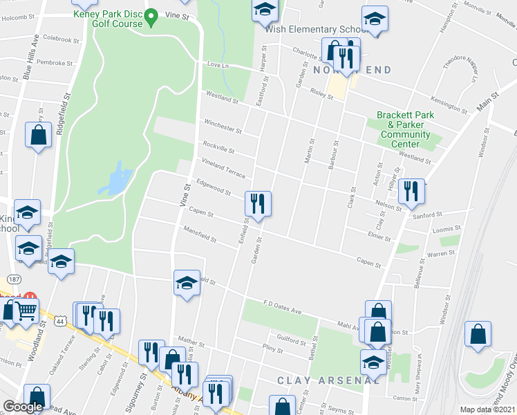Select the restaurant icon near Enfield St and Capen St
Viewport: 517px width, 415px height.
258,204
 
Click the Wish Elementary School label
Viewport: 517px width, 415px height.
316,30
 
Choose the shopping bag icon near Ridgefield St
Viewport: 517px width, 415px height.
39,135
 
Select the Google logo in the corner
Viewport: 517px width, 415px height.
23,407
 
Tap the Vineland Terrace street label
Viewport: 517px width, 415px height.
223,166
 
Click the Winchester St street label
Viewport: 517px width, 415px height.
223,127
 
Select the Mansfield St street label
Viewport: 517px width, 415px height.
200,235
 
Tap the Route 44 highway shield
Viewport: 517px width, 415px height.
62,322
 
